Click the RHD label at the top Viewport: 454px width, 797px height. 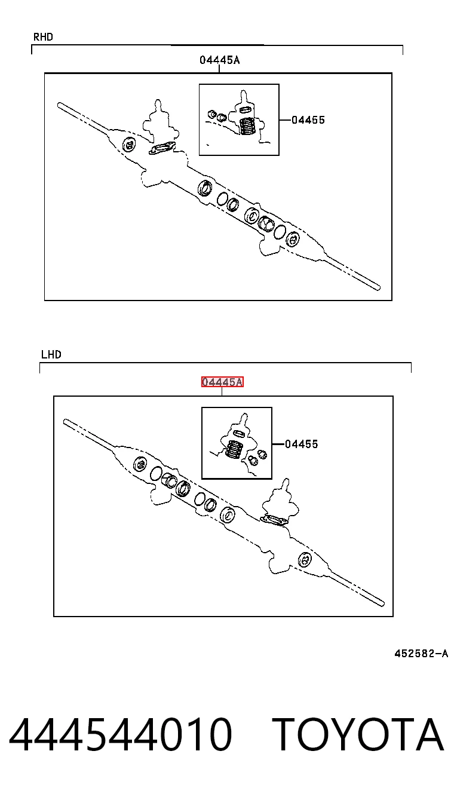[x=43, y=37]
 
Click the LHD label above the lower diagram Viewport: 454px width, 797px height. [x=51, y=354]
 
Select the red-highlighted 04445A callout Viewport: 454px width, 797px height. [x=222, y=382]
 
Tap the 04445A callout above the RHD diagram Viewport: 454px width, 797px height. [x=219, y=60]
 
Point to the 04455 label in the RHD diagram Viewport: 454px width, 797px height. [x=308, y=120]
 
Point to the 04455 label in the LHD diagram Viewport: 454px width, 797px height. [x=302, y=444]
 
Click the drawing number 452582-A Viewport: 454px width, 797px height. [x=421, y=653]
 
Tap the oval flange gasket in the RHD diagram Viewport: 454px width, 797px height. [x=162, y=148]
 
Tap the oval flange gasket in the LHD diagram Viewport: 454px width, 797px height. [x=274, y=520]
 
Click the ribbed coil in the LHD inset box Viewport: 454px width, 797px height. [x=234, y=449]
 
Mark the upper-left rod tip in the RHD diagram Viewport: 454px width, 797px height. [x=59, y=105]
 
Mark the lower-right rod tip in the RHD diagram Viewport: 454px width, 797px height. [x=378, y=287]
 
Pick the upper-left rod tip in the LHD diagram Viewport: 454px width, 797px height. [x=65, y=422]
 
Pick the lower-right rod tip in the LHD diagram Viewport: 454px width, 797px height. [x=382, y=603]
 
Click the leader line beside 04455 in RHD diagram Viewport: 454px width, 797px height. [x=285, y=120]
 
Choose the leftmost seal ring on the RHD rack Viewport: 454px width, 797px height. [x=129, y=144]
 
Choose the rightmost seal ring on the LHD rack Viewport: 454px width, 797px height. [x=305, y=560]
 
